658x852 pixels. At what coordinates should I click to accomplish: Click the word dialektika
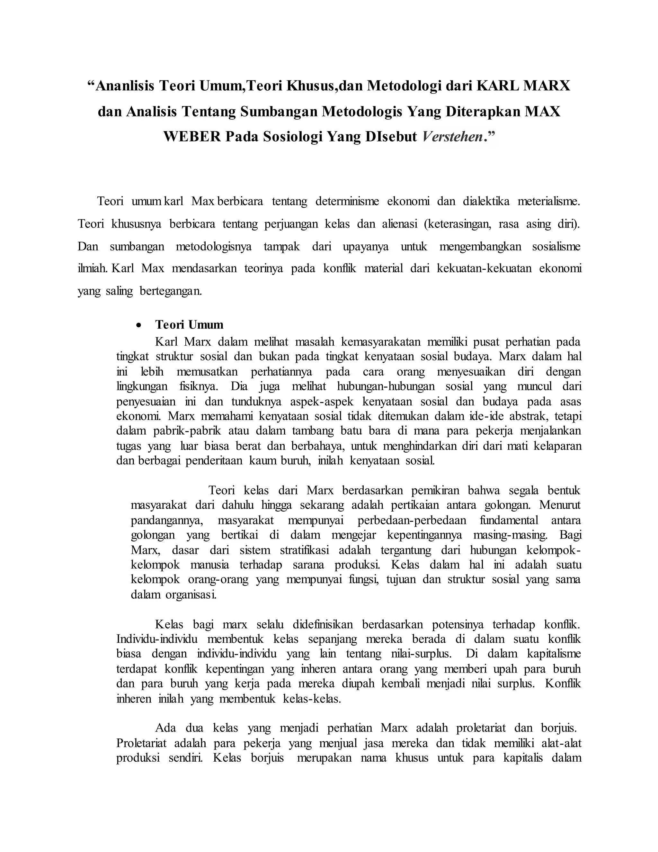(x=486, y=201)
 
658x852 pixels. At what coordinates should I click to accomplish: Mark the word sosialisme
(x=556, y=247)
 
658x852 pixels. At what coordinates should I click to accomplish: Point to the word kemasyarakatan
(x=381, y=342)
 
